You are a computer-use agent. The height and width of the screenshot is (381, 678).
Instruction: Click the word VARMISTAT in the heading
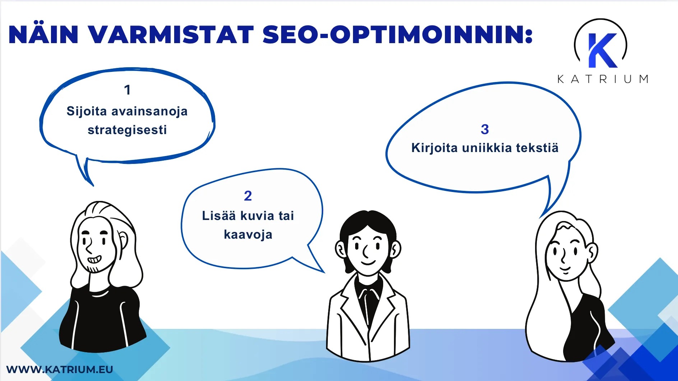click(x=171, y=35)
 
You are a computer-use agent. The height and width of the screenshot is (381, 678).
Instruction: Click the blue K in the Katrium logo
click(x=602, y=51)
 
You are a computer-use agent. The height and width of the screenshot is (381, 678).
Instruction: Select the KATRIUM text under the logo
click(x=603, y=79)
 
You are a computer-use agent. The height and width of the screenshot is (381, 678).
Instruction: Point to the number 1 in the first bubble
click(x=127, y=90)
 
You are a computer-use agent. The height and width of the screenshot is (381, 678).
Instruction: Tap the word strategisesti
click(x=127, y=130)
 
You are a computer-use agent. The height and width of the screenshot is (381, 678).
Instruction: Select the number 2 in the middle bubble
click(x=248, y=196)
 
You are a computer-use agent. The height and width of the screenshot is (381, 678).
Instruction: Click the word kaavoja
click(x=248, y=235)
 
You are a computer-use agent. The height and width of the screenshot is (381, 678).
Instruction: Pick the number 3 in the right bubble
click(x=485, y=129)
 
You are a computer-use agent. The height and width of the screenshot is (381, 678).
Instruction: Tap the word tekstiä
click(x=537, y=148)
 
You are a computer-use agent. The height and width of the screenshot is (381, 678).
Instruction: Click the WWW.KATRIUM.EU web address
click(x=60, y=369)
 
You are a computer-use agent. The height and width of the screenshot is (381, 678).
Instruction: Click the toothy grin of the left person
click(x=94, y=259)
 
